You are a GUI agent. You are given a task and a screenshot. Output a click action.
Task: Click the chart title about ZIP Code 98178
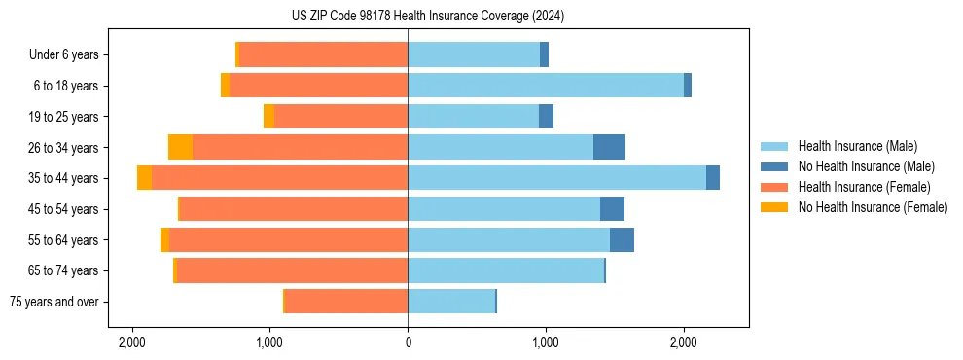tap(481, 16)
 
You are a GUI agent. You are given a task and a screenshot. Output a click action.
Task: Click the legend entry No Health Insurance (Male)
tap(866, 166)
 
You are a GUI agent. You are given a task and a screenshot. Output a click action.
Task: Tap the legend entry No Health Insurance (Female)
tap(872, 207)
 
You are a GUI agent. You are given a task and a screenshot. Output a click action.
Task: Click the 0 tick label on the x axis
tap(408, 342)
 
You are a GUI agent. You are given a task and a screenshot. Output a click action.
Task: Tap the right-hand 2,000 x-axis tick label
tap(683, 342)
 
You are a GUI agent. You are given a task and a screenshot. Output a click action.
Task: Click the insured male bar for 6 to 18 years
tap(545, 86)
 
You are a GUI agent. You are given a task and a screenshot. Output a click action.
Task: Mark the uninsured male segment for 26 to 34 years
tap(609, 147)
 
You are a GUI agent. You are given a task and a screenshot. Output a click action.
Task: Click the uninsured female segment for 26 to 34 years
tap(180, 147)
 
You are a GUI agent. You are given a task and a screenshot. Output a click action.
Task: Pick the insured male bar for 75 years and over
tap(451, 302)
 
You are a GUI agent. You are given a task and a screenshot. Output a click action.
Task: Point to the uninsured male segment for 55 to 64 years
tap(622, 239)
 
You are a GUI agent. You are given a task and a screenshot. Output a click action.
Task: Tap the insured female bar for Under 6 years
tap(323, 55)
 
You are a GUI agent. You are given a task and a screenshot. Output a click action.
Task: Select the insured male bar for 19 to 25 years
tap(473, 117)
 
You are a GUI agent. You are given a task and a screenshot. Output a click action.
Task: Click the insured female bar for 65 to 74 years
tap(292, 270)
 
